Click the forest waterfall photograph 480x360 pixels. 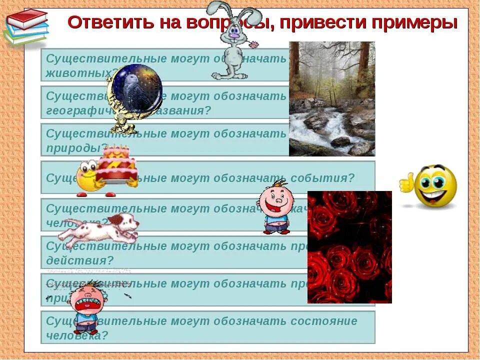tap(332, 99)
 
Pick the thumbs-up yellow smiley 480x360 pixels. tap(433, 186)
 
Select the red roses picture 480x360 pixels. tap(349, 247)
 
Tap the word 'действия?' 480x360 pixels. tap(80, 260)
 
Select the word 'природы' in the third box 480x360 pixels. tap(75, 148)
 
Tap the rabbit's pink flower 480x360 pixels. tap(255, 44)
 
